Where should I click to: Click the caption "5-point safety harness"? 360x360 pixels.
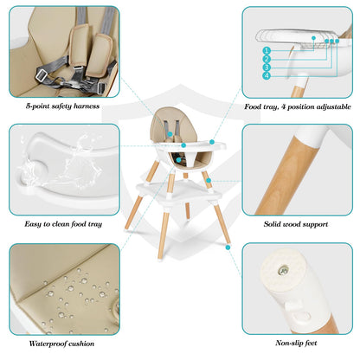pos(62,106)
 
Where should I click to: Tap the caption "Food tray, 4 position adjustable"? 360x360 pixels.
pos(298,106)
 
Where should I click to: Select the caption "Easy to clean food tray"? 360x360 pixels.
pos(63,224)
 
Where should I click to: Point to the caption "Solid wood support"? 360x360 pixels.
pos(296,224)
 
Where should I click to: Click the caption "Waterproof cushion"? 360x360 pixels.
pos(61,344)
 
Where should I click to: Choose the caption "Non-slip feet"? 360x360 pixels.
pos(296,343)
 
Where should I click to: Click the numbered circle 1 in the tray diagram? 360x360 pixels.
pos(267,51)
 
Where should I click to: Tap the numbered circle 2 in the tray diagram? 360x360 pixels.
pos(267,59)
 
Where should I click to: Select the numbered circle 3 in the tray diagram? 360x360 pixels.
pos(267,67)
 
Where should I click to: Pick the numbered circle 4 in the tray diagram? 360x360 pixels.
pos(267,76)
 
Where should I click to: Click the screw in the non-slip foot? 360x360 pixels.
pos(284,270)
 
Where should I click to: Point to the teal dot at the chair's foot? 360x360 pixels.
pos(228,247)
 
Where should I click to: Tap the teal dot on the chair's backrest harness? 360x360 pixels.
pos(170,134)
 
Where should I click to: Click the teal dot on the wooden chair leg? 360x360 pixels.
pos(209,180)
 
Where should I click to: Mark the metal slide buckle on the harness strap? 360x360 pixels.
pos(42,75)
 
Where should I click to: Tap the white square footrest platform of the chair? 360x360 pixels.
pos(179,191)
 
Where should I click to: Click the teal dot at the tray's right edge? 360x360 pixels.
pos(212,142)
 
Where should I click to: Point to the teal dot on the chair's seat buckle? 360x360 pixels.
pos(179,159)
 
